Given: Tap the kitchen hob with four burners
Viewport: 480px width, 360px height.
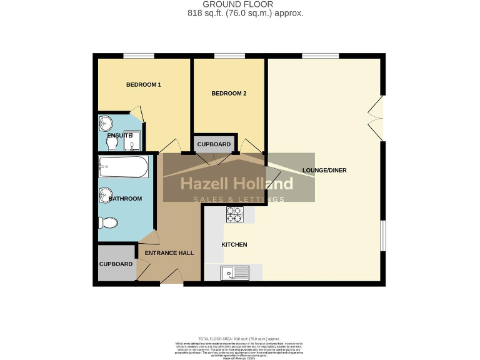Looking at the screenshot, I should pos(234,214).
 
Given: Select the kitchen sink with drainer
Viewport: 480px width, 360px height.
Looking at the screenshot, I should pos(235,272).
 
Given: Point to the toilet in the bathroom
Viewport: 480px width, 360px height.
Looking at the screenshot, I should pos(107,222).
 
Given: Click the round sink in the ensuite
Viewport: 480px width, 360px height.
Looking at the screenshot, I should pos(104,124).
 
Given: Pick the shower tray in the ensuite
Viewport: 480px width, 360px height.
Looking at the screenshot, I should pos(131,143).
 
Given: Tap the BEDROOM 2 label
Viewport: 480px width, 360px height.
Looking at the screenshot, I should pos(229,94).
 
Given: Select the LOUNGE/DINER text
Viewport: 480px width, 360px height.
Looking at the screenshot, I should pos(324,170).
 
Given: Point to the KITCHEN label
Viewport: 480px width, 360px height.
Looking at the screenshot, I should pos(234,244).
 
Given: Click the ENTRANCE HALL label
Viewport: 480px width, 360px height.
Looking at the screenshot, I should pos(169,253).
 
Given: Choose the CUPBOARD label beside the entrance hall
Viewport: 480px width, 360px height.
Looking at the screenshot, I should pos(116,264).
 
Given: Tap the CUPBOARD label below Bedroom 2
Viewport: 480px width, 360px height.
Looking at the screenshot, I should pos(214,144).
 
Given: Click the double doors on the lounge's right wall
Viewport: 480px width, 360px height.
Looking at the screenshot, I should pos(377,117).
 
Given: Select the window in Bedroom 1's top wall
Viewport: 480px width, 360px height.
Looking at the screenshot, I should pos(138,56).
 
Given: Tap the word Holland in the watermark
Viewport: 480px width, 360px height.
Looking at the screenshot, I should pos(263,184).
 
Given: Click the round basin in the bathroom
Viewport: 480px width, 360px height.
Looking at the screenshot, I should pos(105,195).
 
